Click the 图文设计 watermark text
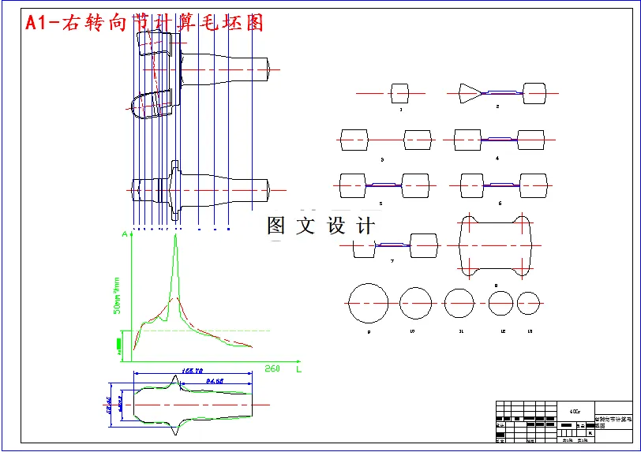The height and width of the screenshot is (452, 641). click(320, 226)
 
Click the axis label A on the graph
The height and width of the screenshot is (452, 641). click(125, 234)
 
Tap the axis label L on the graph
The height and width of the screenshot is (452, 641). click(298, 368)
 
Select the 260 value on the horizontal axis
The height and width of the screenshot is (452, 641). click(272, 368)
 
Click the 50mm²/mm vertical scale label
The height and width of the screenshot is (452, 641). click(117, 295)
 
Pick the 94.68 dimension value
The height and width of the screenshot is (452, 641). click(214, 381)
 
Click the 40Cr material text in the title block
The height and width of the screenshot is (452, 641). click(574, 411)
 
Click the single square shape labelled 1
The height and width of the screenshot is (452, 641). click(400, 94)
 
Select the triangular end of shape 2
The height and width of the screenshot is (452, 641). click(470, 94)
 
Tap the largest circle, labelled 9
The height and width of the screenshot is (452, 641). click(368, 304)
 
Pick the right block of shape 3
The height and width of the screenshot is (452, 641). click(418, 140)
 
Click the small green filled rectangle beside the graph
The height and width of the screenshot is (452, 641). click(119, 343)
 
